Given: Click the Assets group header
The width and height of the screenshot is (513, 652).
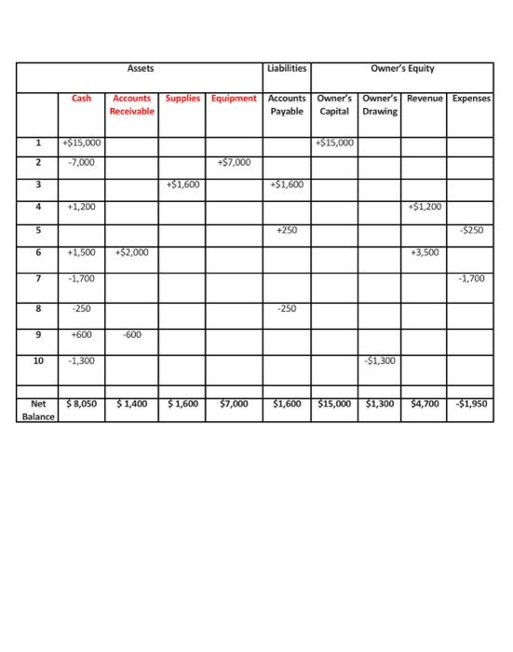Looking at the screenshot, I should pyautogui.click(x=141, y=68).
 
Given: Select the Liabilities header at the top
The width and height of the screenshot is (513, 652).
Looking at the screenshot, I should pyautogui.click(x=286, y=68).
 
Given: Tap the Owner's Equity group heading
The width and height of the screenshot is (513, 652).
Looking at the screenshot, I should pyautogui.click(x=402, y=68).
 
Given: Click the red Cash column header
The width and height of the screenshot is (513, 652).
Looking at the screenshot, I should pyautogui.click(x=82, y=98).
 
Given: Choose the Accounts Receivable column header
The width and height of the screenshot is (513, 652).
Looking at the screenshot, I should pyautogui.click(x=131, y=104).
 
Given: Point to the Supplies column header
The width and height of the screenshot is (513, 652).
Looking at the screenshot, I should pyautogui.click(x=182, y=98).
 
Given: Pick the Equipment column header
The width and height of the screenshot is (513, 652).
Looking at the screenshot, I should pyautogui.click(x=234, y=98).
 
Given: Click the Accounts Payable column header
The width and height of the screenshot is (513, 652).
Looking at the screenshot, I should pyautogui.click(x=286, y=104).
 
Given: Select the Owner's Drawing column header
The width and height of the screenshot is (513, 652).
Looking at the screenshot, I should pyautogui.click(x=379, y=104).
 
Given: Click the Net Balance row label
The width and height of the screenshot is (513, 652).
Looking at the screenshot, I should pyautogui.click(x=38, y=410).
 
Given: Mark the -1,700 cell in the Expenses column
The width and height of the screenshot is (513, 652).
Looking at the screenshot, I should pyautogui.click(x=471, y=278).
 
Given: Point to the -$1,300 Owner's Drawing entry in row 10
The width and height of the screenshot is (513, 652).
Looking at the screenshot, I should pyautogui.click(x=379, y=360).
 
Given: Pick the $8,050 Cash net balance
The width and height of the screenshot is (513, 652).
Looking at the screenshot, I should pyautogui.click(x=81, y=404).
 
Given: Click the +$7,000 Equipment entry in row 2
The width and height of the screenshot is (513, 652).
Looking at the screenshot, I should pyautogui.click(x=234, y=162).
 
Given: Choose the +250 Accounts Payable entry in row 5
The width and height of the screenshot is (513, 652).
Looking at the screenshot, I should pyautogui.click(x=286, y=229).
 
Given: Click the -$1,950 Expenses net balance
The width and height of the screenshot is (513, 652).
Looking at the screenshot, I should pyautogui.click(x=471, y=404).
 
